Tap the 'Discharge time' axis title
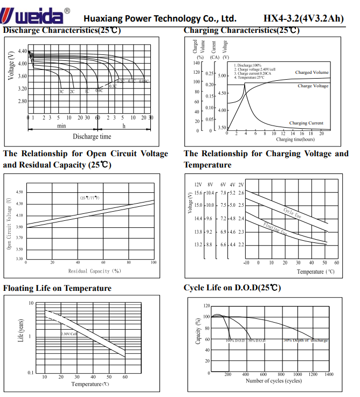[92, 137]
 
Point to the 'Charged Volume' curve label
[311, 72]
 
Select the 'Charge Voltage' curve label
[313, 86]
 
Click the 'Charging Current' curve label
[306, 123]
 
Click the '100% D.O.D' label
[236, 340]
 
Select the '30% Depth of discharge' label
[306, 340]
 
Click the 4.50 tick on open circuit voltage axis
[19, 192]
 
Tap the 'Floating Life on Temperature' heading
[57, 288]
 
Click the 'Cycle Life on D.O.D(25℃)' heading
[232, 288]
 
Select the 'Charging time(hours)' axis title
[295, 140]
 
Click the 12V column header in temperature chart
[198, 184]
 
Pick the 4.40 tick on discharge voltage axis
[22, 51]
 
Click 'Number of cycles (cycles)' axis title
[274, 381]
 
